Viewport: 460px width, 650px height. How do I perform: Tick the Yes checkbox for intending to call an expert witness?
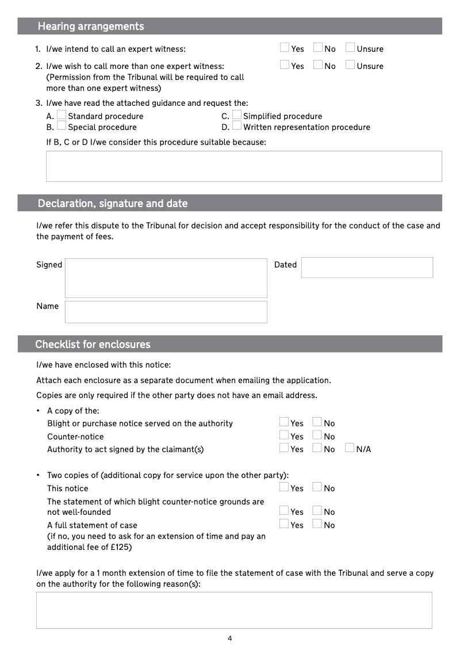285,48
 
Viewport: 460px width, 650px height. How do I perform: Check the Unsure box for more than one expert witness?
350,65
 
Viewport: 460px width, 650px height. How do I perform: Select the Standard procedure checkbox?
62,116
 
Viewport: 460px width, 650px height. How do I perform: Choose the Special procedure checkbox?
62,127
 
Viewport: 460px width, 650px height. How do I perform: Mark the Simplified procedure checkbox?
237,116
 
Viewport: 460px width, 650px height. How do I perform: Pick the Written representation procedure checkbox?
237,127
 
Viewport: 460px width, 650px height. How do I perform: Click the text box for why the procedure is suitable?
244,166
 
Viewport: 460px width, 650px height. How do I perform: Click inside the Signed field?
166,278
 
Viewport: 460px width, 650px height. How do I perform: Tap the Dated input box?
367,267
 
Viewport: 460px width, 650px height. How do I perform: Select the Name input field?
166,312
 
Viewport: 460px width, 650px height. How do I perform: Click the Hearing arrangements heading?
91,26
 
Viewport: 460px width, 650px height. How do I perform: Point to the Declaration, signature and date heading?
113,204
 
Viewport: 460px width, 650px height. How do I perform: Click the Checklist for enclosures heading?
93,345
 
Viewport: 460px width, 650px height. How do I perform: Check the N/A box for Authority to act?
350,448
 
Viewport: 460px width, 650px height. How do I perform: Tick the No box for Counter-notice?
317,435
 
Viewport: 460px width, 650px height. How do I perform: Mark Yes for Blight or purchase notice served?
284,423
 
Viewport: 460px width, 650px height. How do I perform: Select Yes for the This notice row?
284,487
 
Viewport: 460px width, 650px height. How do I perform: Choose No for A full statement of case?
317,524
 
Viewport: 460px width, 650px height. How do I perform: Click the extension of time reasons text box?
234,610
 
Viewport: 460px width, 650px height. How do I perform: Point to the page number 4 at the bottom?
230,638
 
